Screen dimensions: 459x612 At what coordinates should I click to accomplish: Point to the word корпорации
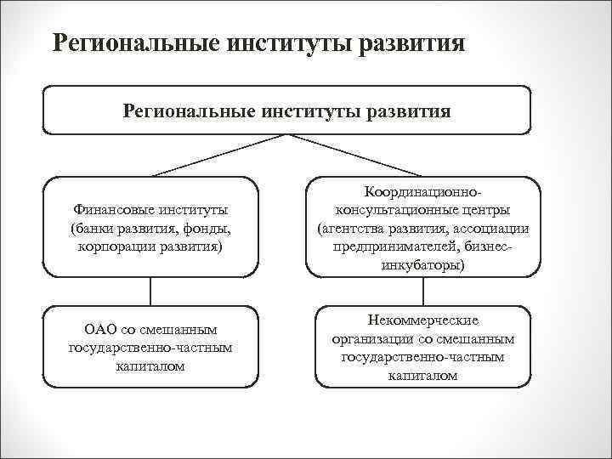(x=112, y=247)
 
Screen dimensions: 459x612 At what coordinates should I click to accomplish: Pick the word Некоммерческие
(x=422, y=320)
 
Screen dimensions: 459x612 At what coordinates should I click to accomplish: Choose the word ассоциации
(x=489, y=229)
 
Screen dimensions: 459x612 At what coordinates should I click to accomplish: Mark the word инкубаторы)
(x=422, y=266)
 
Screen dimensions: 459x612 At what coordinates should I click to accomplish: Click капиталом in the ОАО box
(x=150, y=366)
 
